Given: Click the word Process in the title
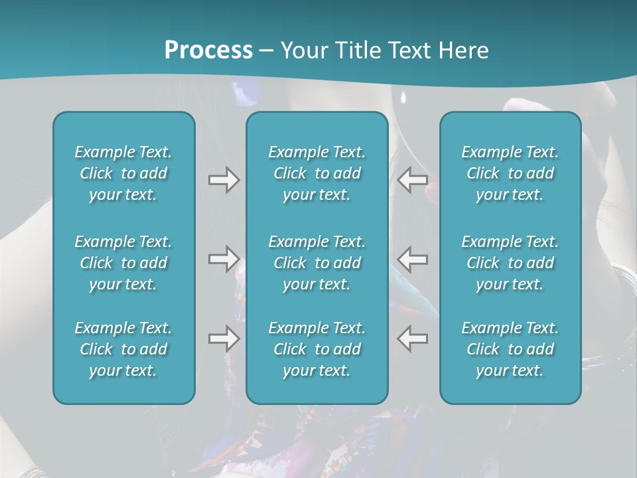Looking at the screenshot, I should (208, 50).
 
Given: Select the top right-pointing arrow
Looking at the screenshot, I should (224, 180).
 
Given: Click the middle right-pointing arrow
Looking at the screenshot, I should (224, 259).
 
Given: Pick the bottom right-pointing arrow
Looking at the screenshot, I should (224, 338).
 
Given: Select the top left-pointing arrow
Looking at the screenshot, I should (412, 180).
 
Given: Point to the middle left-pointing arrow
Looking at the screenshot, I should (412, 259).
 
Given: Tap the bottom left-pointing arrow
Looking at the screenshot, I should (412, 338).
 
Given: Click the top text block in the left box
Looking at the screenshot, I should (123, 173).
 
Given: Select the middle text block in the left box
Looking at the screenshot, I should (123, 263).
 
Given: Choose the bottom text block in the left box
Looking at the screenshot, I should (123, 349).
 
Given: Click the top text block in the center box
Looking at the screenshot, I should (317, 173).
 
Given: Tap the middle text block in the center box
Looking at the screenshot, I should (317, 263).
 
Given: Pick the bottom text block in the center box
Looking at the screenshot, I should (317, 349).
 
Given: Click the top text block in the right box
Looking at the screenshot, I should (510, 173).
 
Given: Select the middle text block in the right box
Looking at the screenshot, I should (510, 263).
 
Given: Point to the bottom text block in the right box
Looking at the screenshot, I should (510, 349).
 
